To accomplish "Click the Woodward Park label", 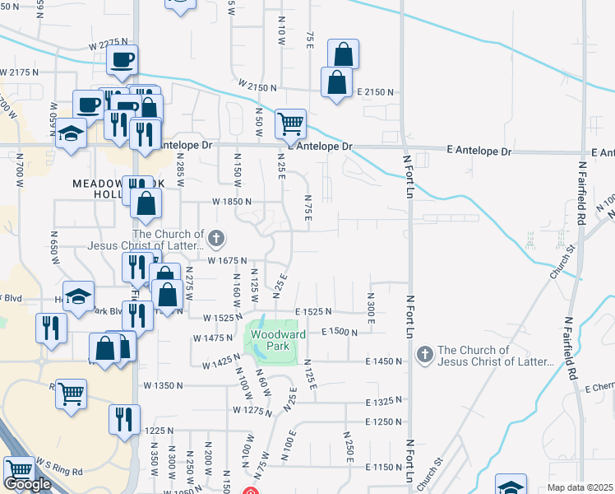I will pyautogui.click(x=278, y=335).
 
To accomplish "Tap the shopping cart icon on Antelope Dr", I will pyautogui.click(x=290, y=123).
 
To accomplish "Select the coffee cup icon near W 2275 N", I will pyautogui.click(x=122, y=59).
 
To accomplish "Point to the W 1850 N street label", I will pyautogui.click(x=231, y=201).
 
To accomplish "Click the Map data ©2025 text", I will pyautogui.click(x=580, y=487).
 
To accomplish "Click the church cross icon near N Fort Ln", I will pyautogui.click(x=425, y=354).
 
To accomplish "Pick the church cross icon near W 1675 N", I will pyautogui.click(x=216, y=239).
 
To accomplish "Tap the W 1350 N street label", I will pyautogui.click(x=163, y=385).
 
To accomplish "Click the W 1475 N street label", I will pyautogui.click(x=214, y=338).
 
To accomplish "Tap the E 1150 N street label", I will pyautogui.click(x=383, y=467).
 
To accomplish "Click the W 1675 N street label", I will pyautogui.click(x=227, y=261).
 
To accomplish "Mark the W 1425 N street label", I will pyautogui.click(x=213, y=362).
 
